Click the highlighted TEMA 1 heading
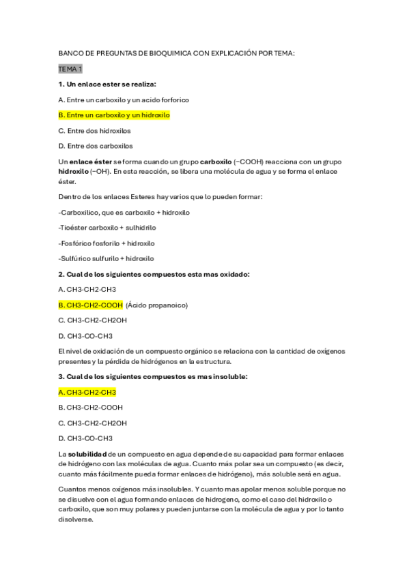pyautogui.click(x=70, y=69)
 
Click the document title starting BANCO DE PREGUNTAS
pyautogui.click(x=177, y=53)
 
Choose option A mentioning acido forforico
pyautogui.click(x=124, y=100)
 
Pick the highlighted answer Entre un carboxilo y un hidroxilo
pyautogui.click(x=114, y=115)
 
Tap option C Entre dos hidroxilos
pyautogui.click(x=94, y=130)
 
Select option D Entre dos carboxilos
pyautogui.click(x=96, y=146)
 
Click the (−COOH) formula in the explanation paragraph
pyautogui.click(x=246, y=161)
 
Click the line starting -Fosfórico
pyautogui.click(x=107, y=243)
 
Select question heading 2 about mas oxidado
pyautogui.click(x=154, y=274)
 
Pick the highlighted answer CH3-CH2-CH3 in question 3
pyautogui.click(x=87, y=392)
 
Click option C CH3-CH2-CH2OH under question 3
pyautogui.click(x=92, y=423)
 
